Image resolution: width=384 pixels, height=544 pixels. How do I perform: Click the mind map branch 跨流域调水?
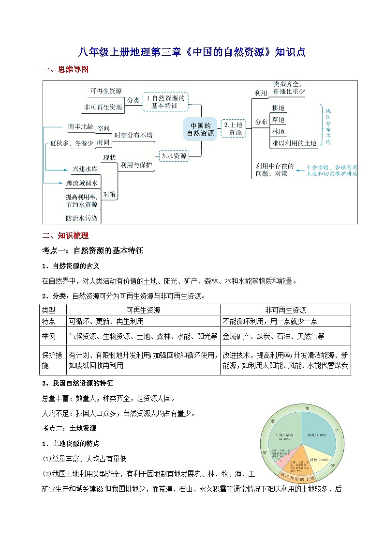[x=82, y=183]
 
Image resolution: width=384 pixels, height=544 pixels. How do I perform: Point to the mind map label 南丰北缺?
[x=80, y=126]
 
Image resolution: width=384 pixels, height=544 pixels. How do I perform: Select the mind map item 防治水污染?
[x=82, y=218]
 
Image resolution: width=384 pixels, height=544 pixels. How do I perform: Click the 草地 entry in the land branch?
[x=279, y=120]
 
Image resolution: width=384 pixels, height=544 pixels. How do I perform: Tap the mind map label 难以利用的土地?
[x=294, y=143]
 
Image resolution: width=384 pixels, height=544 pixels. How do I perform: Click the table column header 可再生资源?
[x=143, y=310]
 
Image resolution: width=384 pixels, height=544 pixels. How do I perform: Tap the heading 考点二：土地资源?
[x=70, y=428]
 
